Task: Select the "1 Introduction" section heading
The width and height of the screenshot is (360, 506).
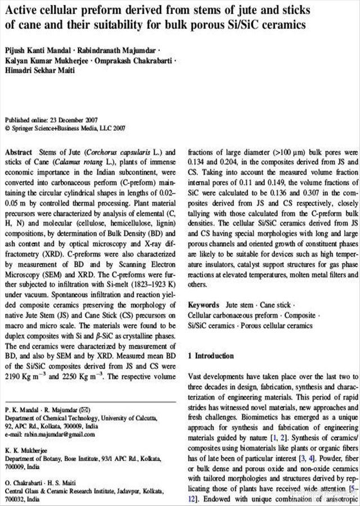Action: [211, 356]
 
